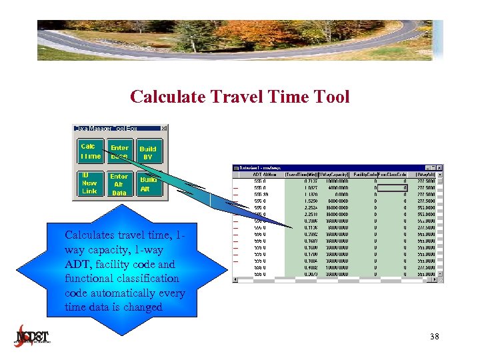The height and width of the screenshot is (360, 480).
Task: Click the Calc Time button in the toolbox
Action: pos(90,151)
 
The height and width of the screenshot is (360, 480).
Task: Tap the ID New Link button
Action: pos(89,183)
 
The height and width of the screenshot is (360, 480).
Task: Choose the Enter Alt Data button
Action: pos(119,184)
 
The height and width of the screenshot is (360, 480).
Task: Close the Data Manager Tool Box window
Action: pos(164,128)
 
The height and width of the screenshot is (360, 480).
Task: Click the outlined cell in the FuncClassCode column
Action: pos(393,188)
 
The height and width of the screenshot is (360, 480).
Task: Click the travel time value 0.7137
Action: pos(309,181)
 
